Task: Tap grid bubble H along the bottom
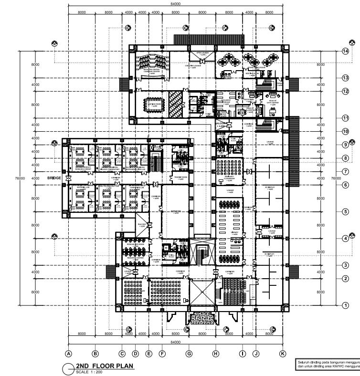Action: (x=216, y=354)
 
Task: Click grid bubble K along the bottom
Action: (x=283, y=354)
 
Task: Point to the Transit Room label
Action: (x=180, y=178)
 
